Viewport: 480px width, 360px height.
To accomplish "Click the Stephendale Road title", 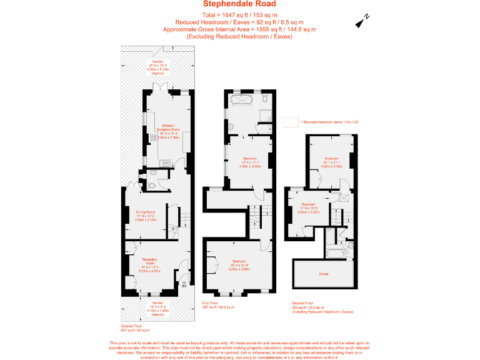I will click(x=239, y=4).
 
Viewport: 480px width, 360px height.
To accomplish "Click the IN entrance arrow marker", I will click(x=184, y=285).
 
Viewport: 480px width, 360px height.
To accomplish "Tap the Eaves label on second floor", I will click(x=324, y=274).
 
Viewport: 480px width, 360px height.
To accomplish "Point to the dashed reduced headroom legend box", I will click(x=291, y=122).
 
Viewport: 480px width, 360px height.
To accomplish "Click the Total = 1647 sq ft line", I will click(x=239, y=14).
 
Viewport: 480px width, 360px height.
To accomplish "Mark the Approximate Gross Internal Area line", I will click(x=239, y=29).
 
